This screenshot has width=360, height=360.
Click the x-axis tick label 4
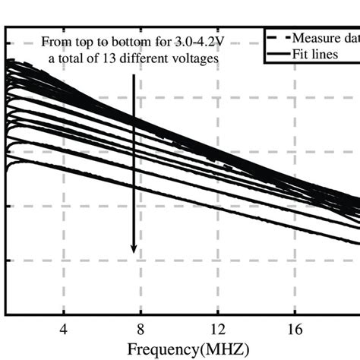pyautogui.click(x=64, y=330)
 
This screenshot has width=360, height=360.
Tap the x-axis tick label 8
pyautogui.click(x=141, y=330)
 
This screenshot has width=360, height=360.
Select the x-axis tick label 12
pyautogui.click(x=218, y=330)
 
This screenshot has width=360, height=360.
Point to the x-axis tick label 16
pyautogui.click(x=295, y=330)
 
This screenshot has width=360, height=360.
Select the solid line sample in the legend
pyautogui.click(x=277, y=54)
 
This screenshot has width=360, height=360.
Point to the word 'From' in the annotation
pyautogui.click(x=56, y=41)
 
